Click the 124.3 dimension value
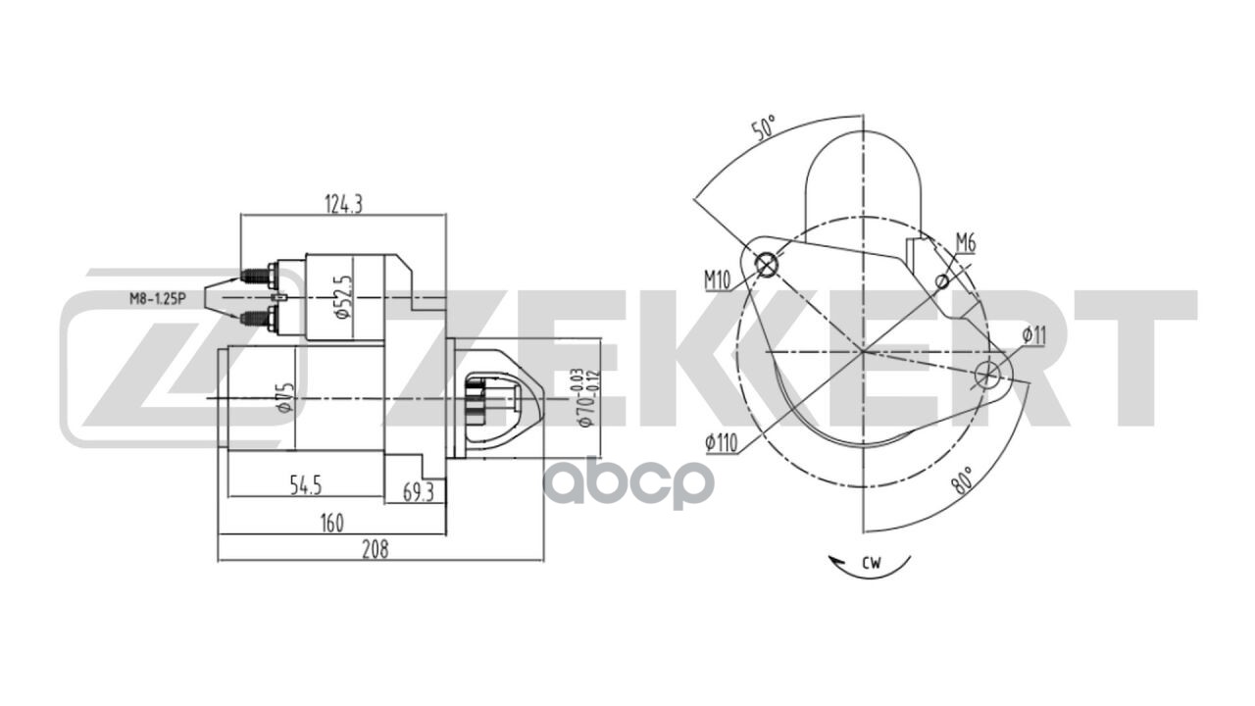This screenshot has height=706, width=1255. point(343,204)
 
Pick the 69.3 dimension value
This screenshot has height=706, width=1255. point(418,492)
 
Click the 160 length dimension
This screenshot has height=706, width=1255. point(332,524)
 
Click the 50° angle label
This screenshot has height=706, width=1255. point(764,128)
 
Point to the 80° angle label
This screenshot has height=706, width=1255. point(963,480)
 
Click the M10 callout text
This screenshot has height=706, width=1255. point(718,280)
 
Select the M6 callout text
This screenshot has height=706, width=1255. point(966,243)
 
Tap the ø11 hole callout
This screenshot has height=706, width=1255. point(1033,335)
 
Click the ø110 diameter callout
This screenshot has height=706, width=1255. point(721,443)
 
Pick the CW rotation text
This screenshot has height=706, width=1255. point(872,563)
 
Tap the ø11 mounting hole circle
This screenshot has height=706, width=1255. point(990,373)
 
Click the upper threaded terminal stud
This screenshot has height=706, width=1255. point(257,277)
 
